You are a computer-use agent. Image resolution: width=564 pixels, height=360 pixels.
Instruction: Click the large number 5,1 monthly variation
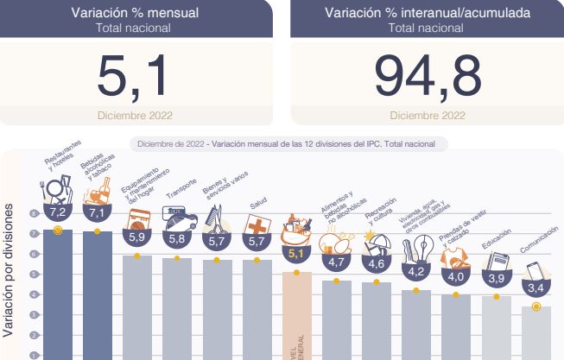pos(136,76)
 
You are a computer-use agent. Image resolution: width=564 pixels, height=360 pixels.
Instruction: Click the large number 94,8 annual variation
pos(428,76)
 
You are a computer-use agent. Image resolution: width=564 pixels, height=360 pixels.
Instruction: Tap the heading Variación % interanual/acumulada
pos(428,13)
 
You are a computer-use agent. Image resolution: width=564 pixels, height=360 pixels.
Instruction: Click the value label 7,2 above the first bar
pos(57,212)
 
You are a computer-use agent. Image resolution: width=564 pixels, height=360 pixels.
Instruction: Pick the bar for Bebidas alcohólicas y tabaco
pos(97,294)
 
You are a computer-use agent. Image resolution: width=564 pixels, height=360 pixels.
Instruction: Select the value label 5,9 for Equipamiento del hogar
pos(137,236)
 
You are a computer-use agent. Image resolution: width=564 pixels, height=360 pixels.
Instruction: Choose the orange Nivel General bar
pos(296,315)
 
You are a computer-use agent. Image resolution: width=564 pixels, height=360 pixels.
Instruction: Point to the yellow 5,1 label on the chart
pos(296,254)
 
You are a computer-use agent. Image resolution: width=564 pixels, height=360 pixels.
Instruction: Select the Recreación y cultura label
pos(381,212)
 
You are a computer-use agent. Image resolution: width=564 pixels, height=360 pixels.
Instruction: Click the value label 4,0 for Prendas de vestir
pos(456,276)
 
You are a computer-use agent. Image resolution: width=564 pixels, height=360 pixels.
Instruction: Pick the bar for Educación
pos(496,328)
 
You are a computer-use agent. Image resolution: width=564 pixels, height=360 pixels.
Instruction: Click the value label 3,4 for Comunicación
pos(535,287)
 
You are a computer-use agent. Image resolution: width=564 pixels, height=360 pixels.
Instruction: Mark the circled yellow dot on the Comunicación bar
pos(536,306)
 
